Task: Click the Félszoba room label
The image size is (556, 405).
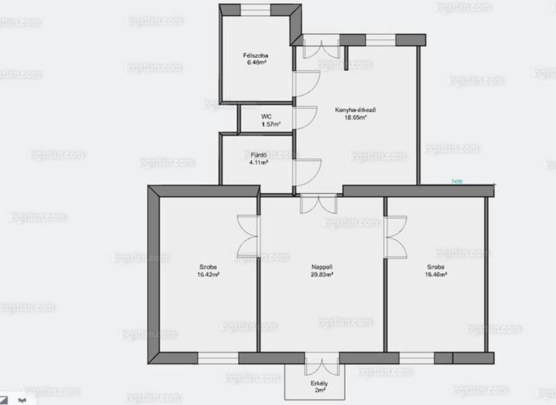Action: click(x=255, y=56)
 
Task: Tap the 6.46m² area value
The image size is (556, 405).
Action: click(x=255, y=63)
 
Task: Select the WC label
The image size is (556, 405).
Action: click(x=266, y=117)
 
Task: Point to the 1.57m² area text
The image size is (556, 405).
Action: click(x=270, y=124)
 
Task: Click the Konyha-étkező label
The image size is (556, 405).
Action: click(x=355, y=110)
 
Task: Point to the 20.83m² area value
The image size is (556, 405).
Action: click(x=322, y=274)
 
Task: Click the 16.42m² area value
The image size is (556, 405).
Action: click(x=208, y=274)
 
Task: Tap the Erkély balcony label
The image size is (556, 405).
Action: click(x=319, y=383)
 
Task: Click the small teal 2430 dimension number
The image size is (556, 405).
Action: click(x=457, y=182)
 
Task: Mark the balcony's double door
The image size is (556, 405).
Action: click(x=321, y=365)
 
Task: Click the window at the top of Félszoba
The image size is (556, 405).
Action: click(x=255, y=10)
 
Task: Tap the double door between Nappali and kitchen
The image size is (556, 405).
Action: click(x=318, y=204)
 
